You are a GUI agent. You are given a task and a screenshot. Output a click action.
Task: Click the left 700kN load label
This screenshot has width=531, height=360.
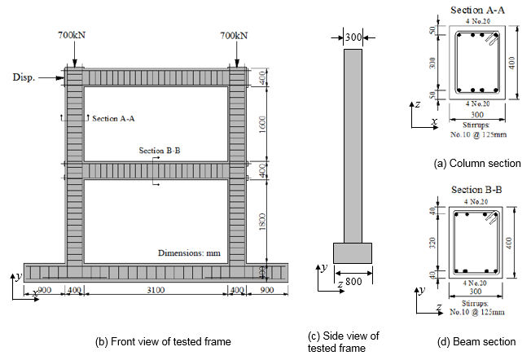coord(73,35)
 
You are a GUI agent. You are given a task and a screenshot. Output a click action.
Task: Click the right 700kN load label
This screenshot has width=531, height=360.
coord(235,35)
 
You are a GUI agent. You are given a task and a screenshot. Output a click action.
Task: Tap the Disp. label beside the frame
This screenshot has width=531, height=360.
coord(25,77)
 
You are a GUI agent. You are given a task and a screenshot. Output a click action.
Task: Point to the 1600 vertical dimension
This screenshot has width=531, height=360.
coord(261,125)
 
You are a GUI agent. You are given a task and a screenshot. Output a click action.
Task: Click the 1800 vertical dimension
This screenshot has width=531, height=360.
coord(261,220)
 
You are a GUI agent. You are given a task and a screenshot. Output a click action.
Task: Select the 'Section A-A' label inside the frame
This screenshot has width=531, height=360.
coord(113,118)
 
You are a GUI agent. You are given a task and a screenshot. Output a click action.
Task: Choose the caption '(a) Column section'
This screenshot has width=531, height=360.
coord(477,164)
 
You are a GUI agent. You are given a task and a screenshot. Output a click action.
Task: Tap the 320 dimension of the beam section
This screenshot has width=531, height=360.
coord(434,241)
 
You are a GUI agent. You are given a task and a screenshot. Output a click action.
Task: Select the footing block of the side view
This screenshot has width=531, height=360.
coord(352,253)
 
